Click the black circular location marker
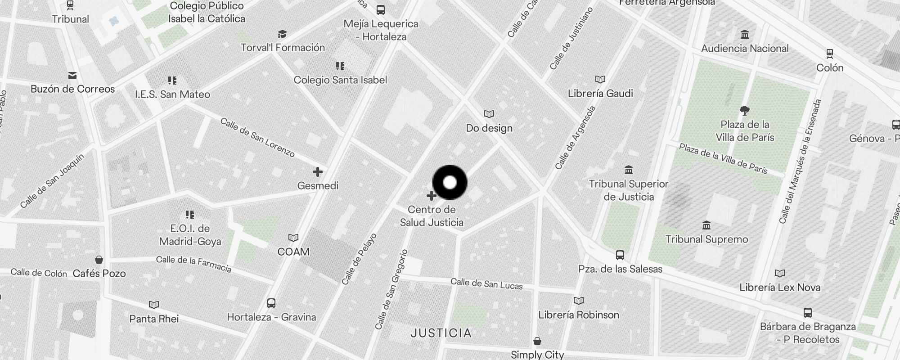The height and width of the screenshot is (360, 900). (x=450, y=182)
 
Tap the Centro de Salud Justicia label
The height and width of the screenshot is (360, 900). (x=432, y=216)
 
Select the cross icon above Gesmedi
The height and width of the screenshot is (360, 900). (x=318, y=172)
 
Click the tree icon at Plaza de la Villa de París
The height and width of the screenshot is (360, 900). (x=745, y=110)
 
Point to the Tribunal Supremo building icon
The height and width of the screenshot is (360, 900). (x=706, y=225)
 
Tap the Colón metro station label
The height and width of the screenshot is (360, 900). (x=830, y=67)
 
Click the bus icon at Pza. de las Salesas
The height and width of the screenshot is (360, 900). (x=620, y=255)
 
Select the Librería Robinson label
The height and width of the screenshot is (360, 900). (x=579, y=315)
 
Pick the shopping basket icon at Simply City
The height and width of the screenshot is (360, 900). (x=537, y=341)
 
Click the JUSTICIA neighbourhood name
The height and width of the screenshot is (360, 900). (x=441, y=333)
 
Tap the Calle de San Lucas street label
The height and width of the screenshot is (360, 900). (x=486, y=284)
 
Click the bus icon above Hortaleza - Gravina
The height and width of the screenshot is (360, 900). (x=271, y=303)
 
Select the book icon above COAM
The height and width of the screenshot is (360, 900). (x=293, y=238)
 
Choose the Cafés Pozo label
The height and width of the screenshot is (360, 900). (x=99, y=273)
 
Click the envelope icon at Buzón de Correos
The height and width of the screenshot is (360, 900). (x=72, y=76)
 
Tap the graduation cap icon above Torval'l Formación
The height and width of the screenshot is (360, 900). (x=282, y=34)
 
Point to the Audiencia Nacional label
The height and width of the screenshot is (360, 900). (x=745, y=48)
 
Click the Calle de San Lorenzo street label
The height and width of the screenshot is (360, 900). (x=257, y=137)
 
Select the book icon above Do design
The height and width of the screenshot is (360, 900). (x=489, y=114)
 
